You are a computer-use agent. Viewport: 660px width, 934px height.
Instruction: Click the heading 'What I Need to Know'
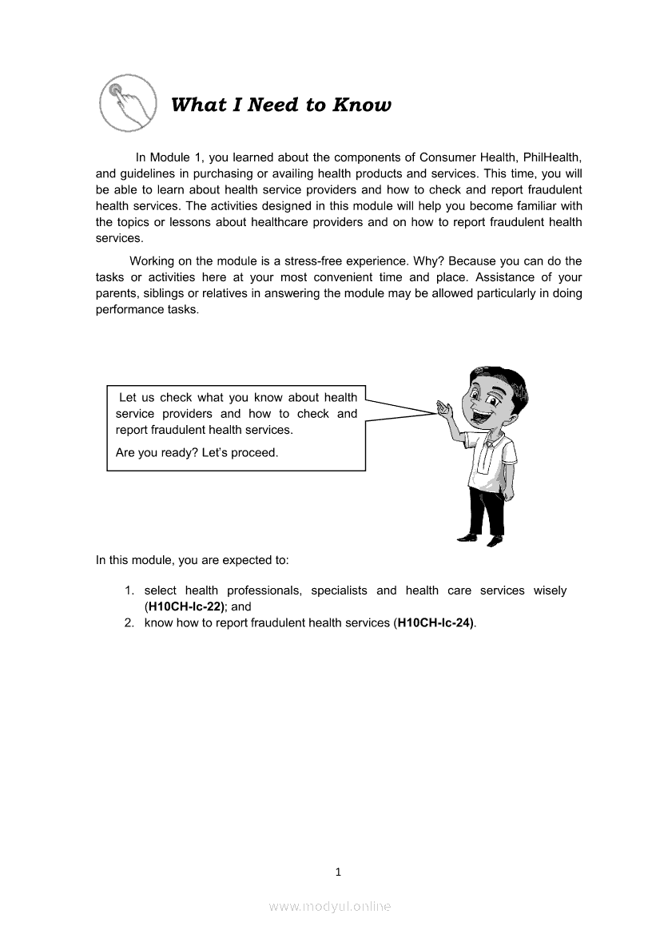tap(281, 105)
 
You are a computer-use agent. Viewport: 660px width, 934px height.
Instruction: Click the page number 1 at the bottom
tap(338, 872)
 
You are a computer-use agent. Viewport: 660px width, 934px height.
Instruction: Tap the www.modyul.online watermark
tap(330, 906)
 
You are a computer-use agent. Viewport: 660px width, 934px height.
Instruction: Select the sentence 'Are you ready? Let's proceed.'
tap(197, 453)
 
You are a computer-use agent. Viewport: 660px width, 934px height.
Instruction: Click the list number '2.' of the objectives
tap(129, 622)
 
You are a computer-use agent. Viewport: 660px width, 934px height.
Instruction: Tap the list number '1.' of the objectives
tap(129, 590)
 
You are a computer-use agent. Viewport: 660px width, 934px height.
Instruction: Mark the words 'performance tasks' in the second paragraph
tap(146, 309)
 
